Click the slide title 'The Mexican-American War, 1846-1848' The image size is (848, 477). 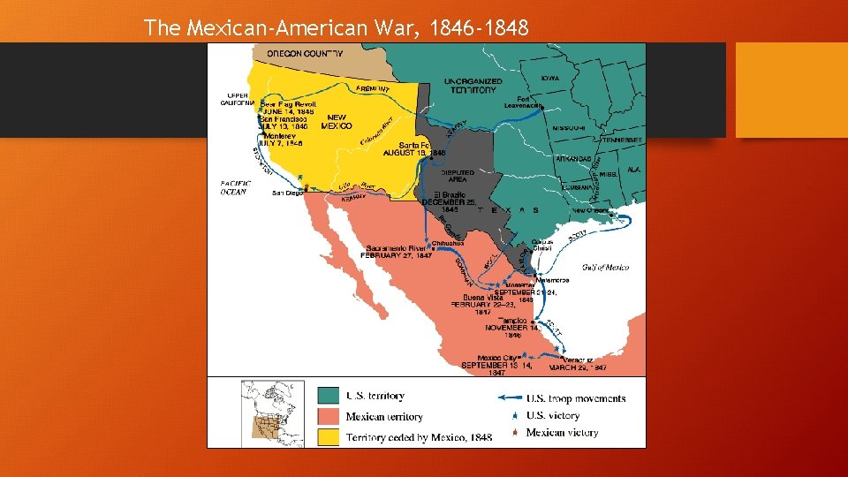point(337,28)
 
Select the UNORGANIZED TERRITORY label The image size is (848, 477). point(474,85)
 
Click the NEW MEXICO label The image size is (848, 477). point(337,122)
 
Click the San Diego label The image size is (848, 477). point(287,193)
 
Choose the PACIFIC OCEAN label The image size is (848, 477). point(235,186)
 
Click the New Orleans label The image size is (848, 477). point(591,211)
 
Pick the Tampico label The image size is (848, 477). point(512,320)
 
